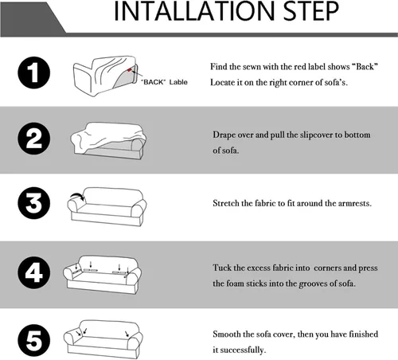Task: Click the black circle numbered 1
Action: pos(34,72)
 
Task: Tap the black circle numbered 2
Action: pos(34,139)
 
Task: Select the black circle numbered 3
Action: pos(34,203)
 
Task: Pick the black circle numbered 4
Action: pos(34,272)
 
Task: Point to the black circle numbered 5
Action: pos(34,340)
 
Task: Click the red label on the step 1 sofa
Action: pos(130,70)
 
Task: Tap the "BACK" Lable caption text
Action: pos(164,82)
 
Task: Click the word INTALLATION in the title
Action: pos(194,11)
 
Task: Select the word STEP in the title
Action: pos(311,11)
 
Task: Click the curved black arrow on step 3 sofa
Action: pos(78,196)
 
